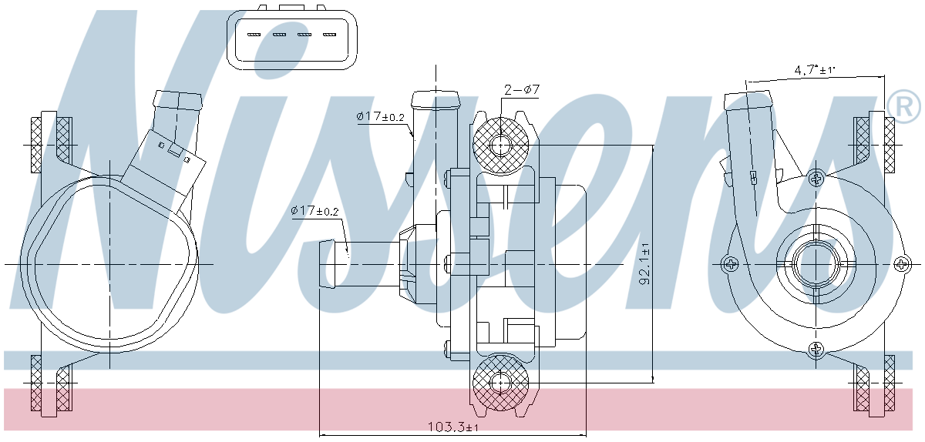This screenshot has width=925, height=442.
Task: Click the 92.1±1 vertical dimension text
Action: pos(644,264)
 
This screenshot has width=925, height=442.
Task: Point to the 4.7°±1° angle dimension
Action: pos(815,70)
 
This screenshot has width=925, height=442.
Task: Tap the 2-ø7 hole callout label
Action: pos(521,90)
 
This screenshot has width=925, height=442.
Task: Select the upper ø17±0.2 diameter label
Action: pos(380,116)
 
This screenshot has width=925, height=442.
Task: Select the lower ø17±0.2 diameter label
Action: pos(314,210)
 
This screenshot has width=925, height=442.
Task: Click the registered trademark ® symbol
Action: pos(903,107)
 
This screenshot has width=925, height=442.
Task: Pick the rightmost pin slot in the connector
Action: pos(330,35)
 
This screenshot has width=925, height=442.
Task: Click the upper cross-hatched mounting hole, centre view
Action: pos(500,144)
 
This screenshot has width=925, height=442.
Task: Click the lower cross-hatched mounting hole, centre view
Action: pos(500,380)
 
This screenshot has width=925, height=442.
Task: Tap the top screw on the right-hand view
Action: pos(816,179)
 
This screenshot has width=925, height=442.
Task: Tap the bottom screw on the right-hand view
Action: pos(816,350)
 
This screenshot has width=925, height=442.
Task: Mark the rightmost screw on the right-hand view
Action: pos(902,264)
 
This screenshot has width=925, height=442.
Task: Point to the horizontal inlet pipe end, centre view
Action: pos(329,264)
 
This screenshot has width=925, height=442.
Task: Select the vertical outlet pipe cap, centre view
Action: pos(436,99)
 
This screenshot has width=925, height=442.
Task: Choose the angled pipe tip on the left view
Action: pos(178,101)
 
